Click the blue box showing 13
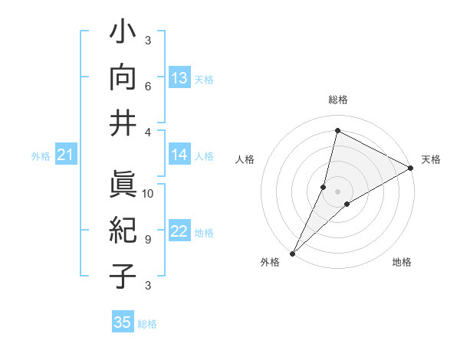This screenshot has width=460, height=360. click(x=179, y=78)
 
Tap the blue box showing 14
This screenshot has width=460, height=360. click(x=179, y=155)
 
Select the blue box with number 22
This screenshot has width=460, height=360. click(x=179, y=232)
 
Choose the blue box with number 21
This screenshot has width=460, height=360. click(x=65, y=155)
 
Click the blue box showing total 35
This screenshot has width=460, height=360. click(x=123, y=322)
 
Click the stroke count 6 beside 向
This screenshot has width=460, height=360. click(x=148, y=87)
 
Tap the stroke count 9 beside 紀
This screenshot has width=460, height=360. click(x=148, y=239)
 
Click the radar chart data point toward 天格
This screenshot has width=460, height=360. click(x=411, y=169)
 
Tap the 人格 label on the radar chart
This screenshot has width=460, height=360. click(x=245, y=159)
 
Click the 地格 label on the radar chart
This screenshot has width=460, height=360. click(x=402, y=262)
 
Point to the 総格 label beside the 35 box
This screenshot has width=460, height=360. click(x=147, y=323)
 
